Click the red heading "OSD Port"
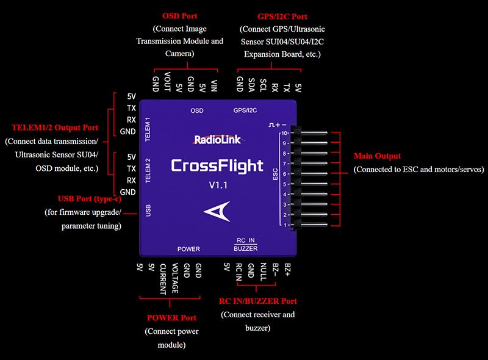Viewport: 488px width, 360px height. click(x=180, y=15)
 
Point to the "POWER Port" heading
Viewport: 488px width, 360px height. click(x=171, y=318)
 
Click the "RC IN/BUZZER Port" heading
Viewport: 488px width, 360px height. click(x=258, y=301)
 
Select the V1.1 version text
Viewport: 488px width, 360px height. click(x=217, y=185)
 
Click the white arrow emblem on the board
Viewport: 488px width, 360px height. click(x=217, y=212)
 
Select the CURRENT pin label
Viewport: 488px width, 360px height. click(x=163, y=279)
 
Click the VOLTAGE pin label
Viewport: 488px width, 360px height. click(x=174, y=279)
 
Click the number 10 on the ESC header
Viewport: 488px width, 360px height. click(x=284, y=133)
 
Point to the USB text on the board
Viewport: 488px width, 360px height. click(x=148, y=211)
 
